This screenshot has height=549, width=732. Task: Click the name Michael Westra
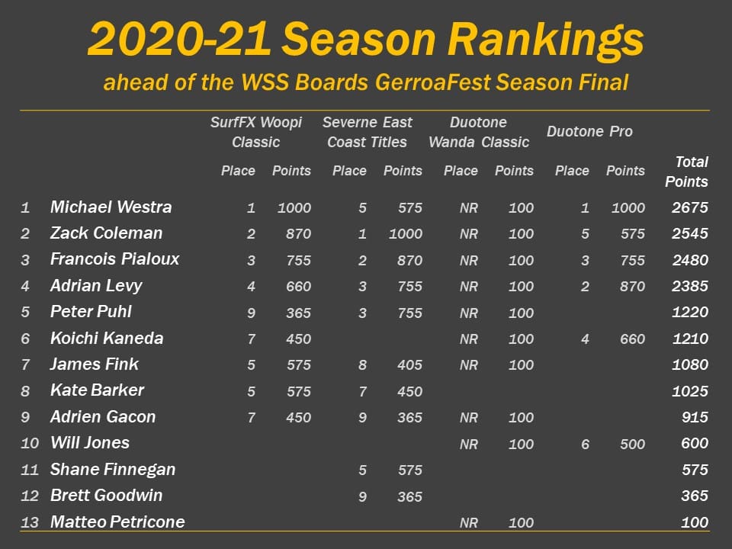click(x=111, y=207)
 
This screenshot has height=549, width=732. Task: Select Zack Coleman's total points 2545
click(x=690, y=233)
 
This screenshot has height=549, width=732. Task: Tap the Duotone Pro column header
click(x=589, y=132)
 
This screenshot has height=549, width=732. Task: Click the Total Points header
click(x=686, y=172)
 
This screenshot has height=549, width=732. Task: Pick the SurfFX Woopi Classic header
click(x=256, y=132)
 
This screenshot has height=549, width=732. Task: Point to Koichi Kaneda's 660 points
click(x=633, y=339)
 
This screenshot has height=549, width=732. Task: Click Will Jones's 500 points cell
click(x=633, y=444)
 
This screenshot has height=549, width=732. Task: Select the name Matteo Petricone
click(x=117, y=522)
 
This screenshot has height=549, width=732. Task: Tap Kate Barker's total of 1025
click(x=690, y=391)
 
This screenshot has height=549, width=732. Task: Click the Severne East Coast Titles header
click(x=368, y=132)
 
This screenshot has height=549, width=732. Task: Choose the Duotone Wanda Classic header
click(x=479, y=132)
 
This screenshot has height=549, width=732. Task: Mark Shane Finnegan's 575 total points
click(x=695, y=470)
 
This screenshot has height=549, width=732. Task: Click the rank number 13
click(x=30, y=522)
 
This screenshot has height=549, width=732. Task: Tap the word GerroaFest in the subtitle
click(x=432, y=82)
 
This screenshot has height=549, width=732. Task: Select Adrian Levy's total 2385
click(x=690, y=286)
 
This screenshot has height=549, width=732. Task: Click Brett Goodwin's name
click(x=107, y=496)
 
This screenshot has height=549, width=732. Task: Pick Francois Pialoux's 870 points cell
click(x=410, y=261)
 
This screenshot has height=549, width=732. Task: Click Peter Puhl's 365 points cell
click(x=298, y=313)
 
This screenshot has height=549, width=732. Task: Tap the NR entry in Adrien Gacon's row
click(x=469, y=418)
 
